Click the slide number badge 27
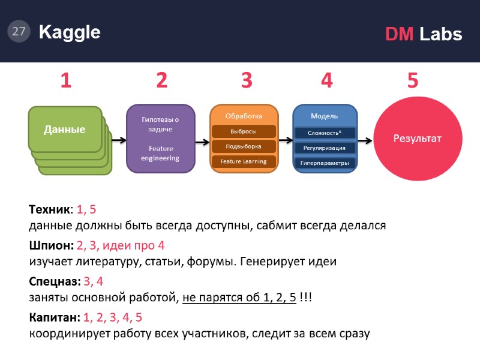pos(19,32)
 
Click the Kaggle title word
pos(70,32)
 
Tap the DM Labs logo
pos(423,34)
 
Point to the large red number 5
pos(412,80)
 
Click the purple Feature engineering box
pos(160,139)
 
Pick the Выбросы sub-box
pos(244,131)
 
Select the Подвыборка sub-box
pos(244,146)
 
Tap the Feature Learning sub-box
pos(244,161)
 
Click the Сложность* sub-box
pos(325,133)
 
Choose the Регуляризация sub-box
pos(325,148)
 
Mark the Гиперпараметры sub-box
pos(325,163)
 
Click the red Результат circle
pos(417,139)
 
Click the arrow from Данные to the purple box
pos(118,140)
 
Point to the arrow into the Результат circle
pos(365,139)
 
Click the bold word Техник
pos(50,210)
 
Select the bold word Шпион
pos(50,245)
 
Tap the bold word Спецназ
pos(54,281)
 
